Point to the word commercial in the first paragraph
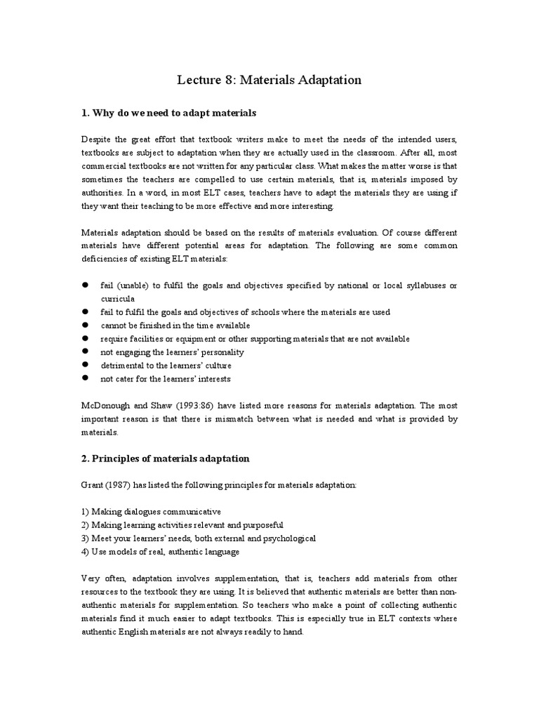pos(105,166)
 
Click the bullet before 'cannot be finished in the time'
pos(85,325)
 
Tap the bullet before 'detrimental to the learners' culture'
pos(85,365)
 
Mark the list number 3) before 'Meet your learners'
pos(86,538)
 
